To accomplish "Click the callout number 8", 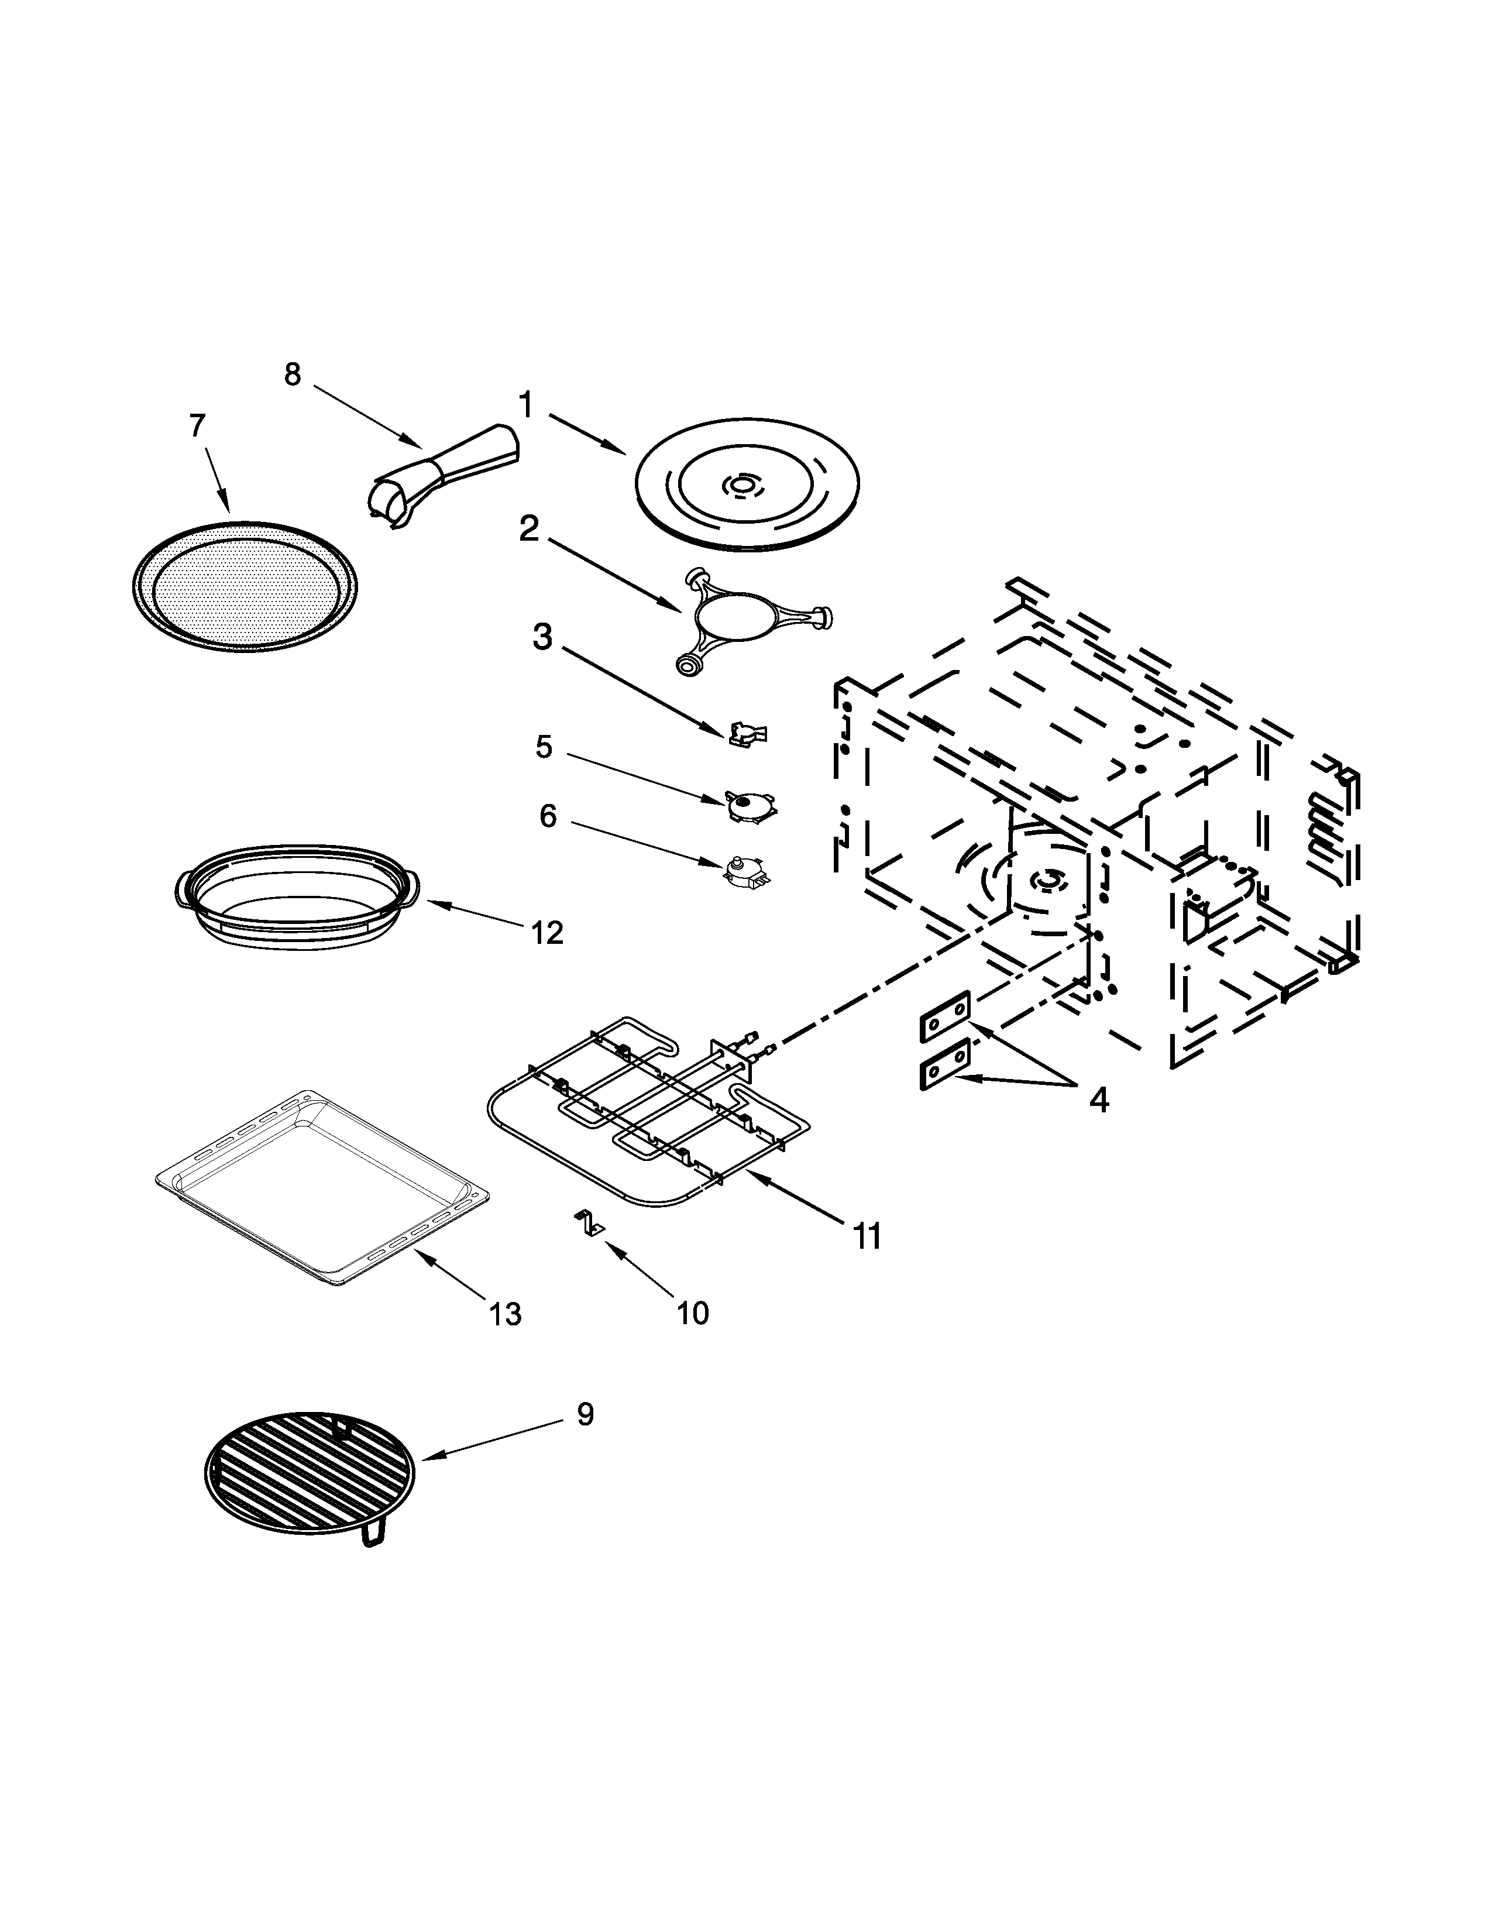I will pyautogui.click(x=292, y=375).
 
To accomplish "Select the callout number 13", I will pyautogui.click(x=506, y=1314).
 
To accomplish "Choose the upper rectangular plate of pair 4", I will pyautogui.click(x=945, y=1016).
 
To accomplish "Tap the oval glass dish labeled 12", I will pyautogui.click(x=295, y=898).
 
